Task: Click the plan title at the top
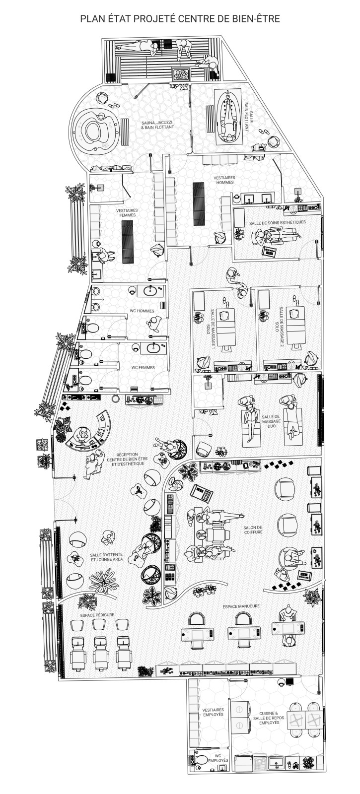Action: (180, 19)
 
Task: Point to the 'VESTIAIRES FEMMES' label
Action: (127, 213)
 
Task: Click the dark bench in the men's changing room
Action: (199, 203)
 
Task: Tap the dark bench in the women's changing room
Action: (127, 241)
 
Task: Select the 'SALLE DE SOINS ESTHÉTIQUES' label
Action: (278, 222)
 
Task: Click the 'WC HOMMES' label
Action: (142, 311)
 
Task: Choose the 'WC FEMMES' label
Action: (143, 368)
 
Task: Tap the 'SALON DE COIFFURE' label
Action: (253, 530)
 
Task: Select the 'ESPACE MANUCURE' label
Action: (241, 606)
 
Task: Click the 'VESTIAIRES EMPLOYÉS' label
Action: (213, 713)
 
